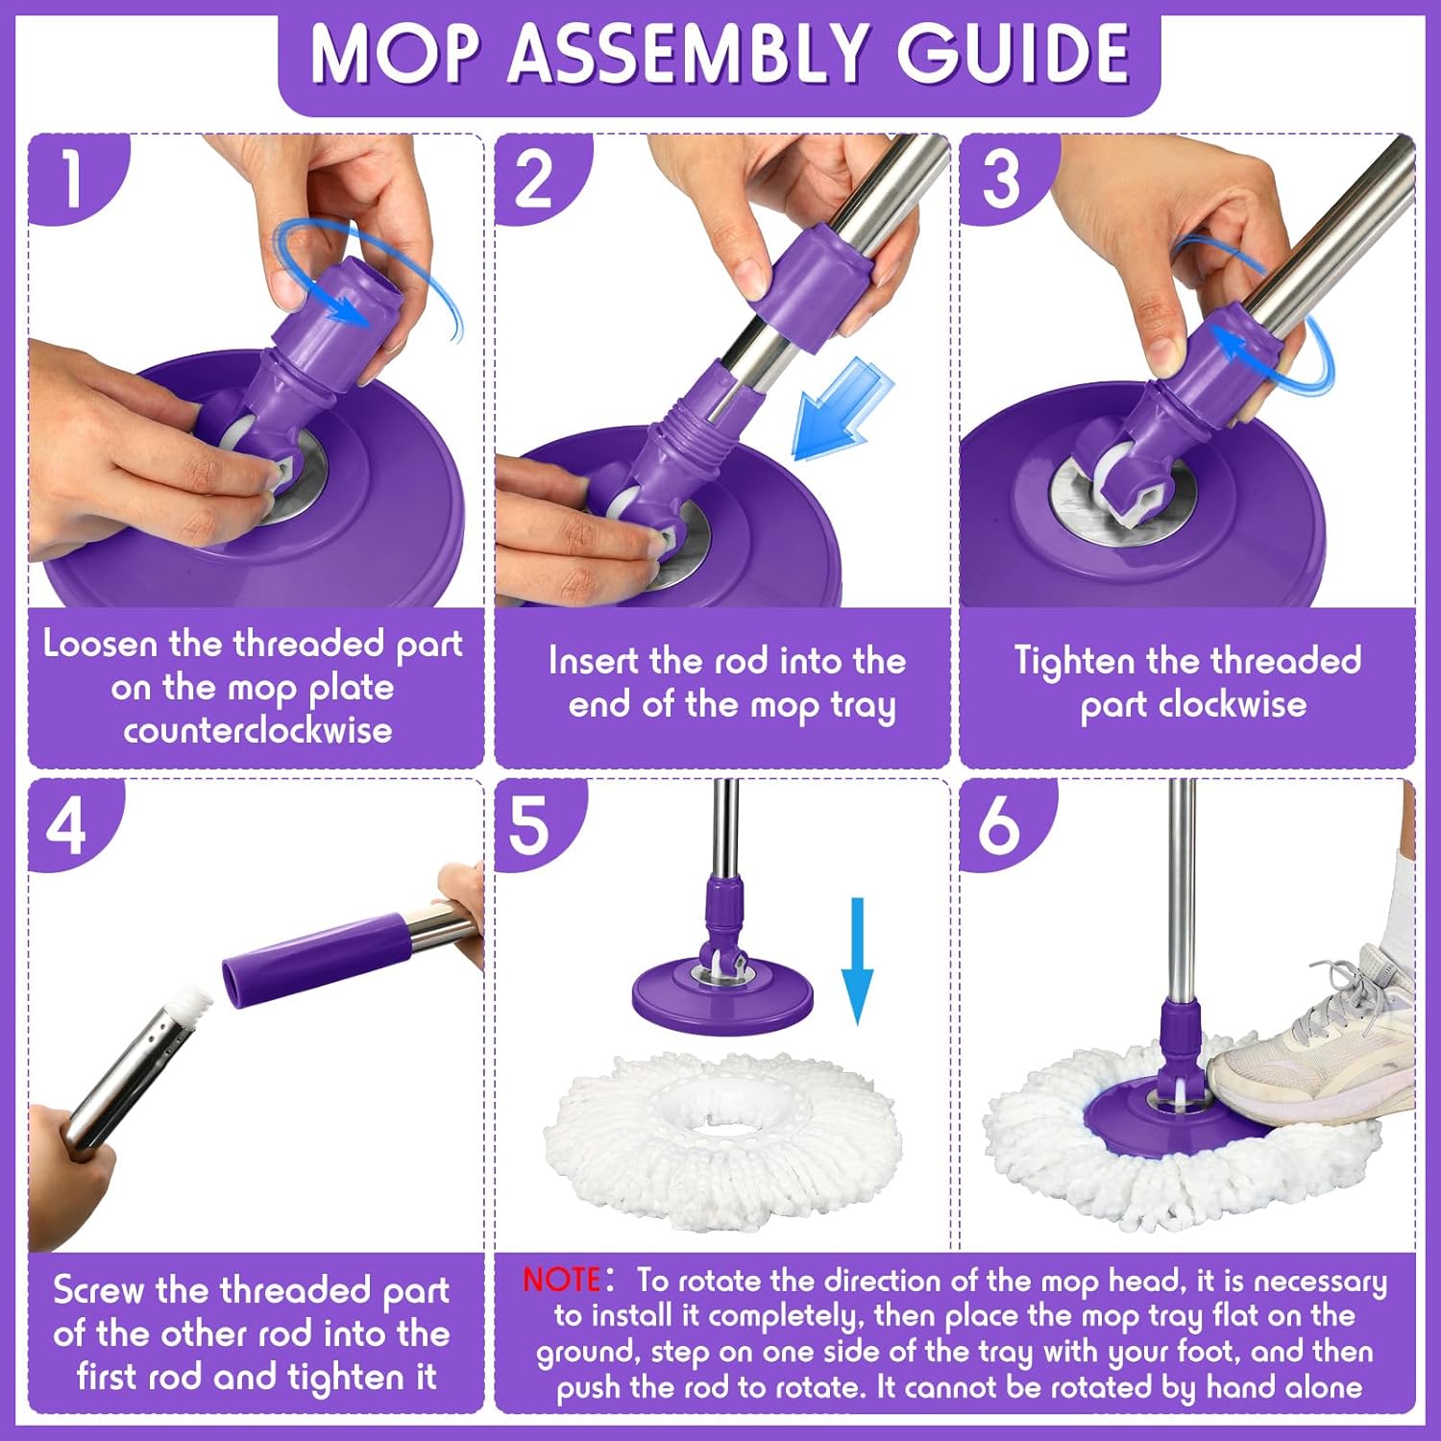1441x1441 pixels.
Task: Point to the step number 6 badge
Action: coord(999,824)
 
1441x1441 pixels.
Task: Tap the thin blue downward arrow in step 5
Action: coord(857,961)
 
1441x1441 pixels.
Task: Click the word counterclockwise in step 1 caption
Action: coord(257,731)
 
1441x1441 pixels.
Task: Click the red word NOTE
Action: coord(561,1280)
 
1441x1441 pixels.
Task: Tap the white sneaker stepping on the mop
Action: coord(1316,1038)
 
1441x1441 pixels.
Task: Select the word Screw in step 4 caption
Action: coord(97,1290)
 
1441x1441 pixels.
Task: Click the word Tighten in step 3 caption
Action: coord(1074,661)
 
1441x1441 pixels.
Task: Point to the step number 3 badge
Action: coord(1001,179)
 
